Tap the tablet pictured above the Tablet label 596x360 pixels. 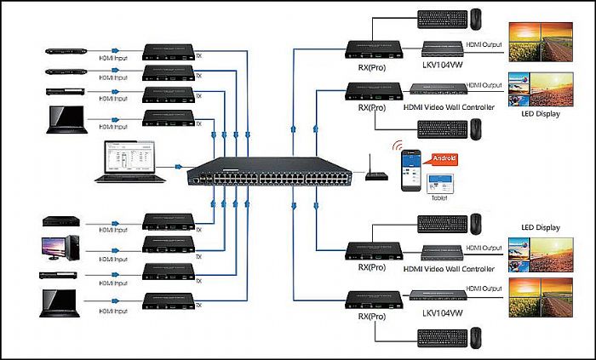[x=438, y=180]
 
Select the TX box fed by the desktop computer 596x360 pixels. [x=170, y=246]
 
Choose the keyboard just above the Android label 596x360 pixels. [x=442, y=129]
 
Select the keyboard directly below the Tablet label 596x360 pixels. [x=442, y=224]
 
